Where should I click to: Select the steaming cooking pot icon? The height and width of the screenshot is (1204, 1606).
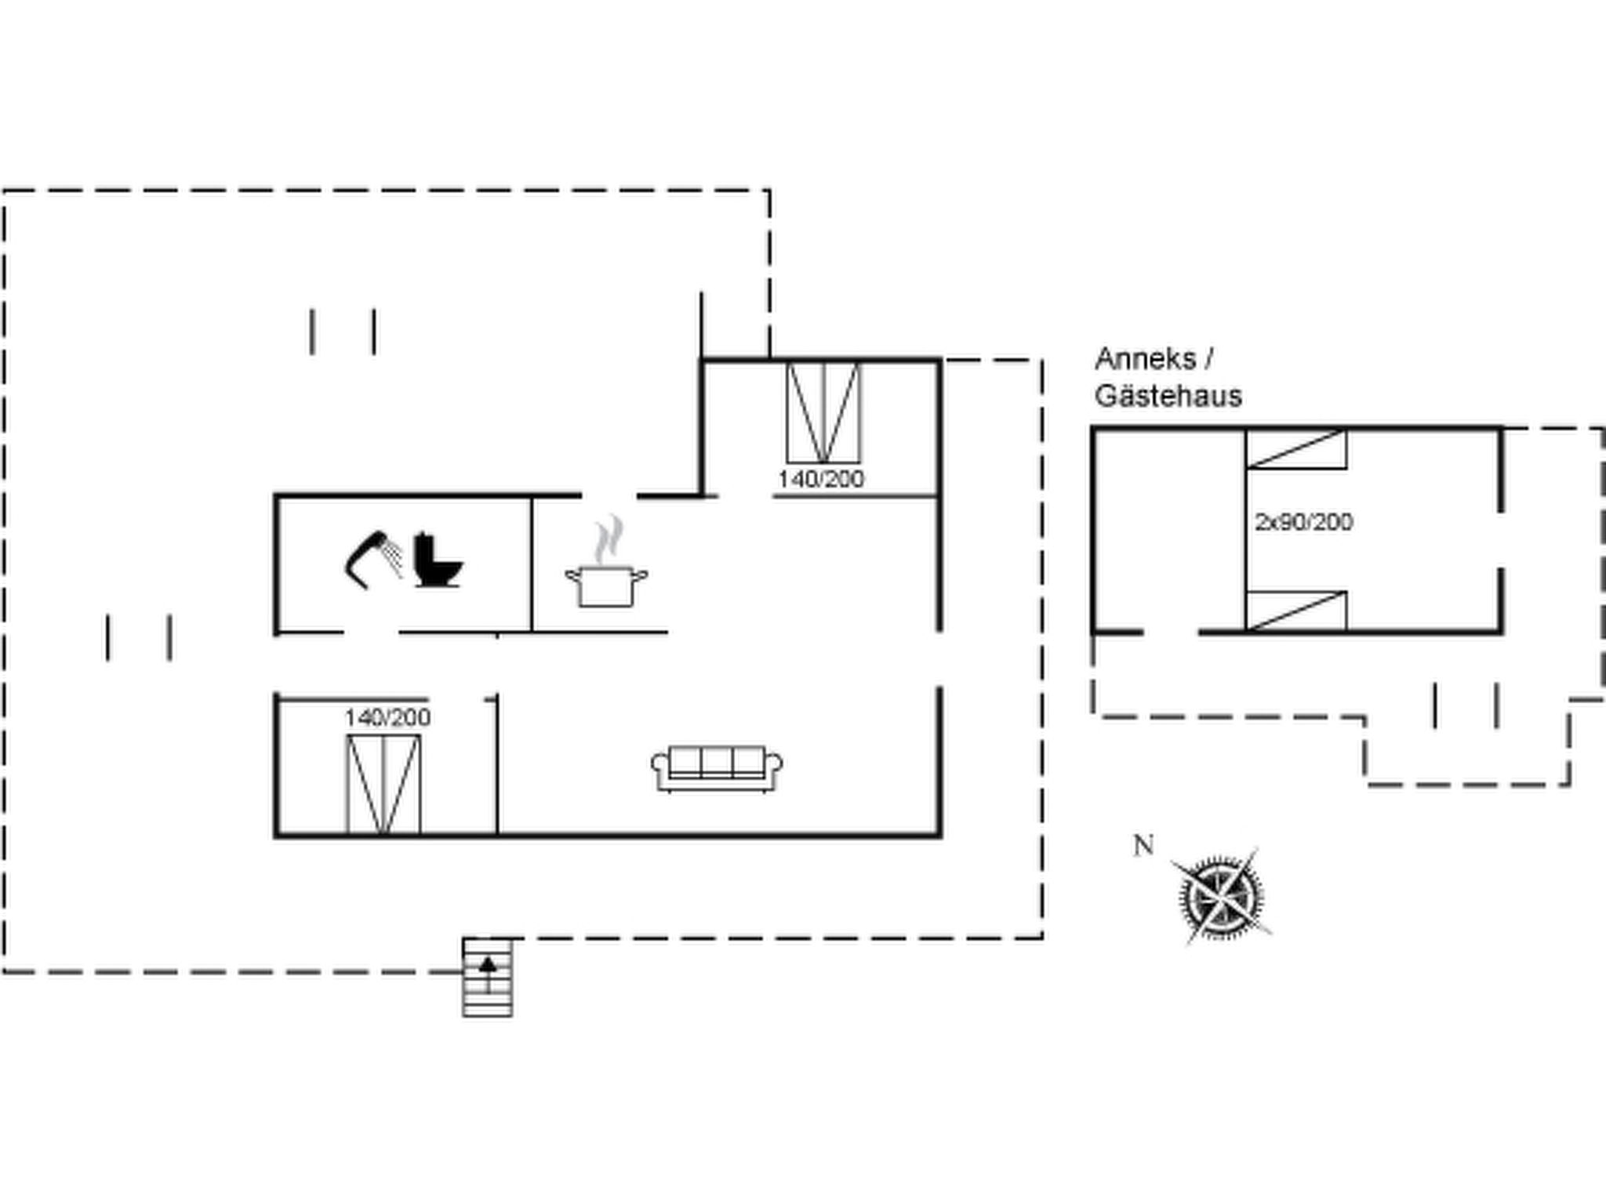[x=606, y=584]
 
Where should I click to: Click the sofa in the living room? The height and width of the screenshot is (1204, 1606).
[x=717, y=767]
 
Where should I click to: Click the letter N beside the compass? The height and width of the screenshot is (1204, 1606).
[x=1143, y=845]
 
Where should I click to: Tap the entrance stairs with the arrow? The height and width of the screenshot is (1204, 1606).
[x=488, y=977]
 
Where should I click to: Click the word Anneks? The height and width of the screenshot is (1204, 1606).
[x=1145, y=359]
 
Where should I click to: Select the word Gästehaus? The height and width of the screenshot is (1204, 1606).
[x=1168, y=396]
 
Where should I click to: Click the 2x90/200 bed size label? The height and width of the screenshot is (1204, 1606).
[x=1303, y=522]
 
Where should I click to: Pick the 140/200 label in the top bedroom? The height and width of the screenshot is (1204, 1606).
[x=820, y=479]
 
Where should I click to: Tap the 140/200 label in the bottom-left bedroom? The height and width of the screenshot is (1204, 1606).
[x=387, y=717]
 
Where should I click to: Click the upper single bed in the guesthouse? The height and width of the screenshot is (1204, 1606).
[x=1296, y=449]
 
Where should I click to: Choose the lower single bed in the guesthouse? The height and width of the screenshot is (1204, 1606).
[x=1296, y=611]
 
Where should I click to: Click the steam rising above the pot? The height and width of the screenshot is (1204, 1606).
[x=609, y=539]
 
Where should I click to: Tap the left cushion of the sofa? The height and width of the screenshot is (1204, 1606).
[x=685, y=761]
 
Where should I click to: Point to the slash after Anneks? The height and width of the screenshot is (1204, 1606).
[x=1208, y=359]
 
